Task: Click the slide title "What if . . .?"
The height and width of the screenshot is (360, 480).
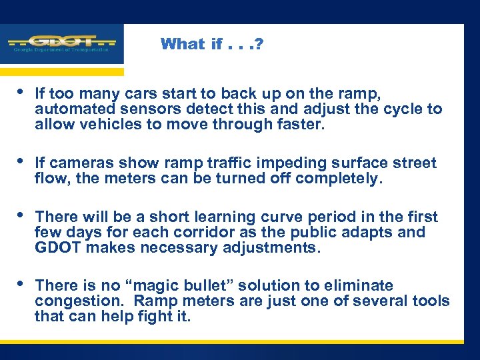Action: click(x=212, y=45)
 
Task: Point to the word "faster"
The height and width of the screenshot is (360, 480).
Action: click(x=301, y=124)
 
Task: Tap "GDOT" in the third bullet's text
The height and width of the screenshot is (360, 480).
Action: click(x=56, y=247)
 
